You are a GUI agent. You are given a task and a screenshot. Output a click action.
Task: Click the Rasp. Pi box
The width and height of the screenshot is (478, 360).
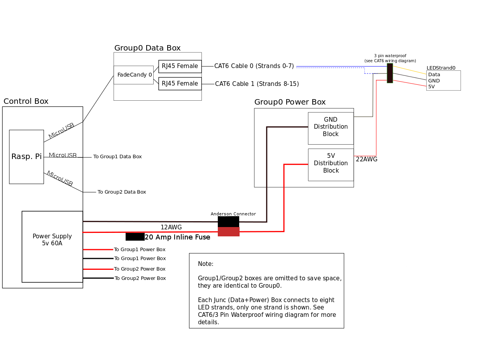(x=26, y=157)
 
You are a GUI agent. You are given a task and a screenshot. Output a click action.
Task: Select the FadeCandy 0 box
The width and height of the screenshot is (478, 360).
(x=133, y=75)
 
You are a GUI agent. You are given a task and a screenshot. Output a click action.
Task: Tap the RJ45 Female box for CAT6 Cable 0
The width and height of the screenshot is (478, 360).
(x=180, y=66)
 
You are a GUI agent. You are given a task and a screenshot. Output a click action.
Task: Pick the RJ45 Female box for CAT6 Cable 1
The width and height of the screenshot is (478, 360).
(x=180, y=84)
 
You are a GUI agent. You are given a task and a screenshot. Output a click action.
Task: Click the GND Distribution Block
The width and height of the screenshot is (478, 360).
(x=331, y=127)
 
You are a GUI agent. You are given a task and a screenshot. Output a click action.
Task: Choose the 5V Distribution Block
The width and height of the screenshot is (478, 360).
(x=331, y=164)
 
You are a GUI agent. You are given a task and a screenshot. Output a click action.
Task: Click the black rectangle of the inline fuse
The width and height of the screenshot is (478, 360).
(x=135, y=237)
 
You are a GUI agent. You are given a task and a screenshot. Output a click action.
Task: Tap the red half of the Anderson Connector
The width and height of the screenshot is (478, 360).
(x=228, y=232)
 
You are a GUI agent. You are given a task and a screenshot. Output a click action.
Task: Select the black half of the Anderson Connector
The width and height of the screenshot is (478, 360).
(x=228, y=222)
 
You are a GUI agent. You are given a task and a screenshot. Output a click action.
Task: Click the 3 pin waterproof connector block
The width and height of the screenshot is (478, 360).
(x=390, y=73)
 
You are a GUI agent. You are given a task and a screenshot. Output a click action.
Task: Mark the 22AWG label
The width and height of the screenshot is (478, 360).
(x=366, y=159)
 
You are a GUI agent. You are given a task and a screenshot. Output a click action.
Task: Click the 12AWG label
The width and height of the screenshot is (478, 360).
(x=171, y=227)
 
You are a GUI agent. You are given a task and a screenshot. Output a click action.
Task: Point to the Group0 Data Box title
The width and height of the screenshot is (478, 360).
(x=147, y=48)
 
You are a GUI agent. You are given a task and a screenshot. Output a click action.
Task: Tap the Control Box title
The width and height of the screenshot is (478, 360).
(x=26, y=101)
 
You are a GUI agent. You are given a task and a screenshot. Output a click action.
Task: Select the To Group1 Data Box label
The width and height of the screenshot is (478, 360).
(x=117, y=157)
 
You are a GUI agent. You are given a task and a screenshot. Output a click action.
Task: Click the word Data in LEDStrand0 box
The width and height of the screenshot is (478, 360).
(x=434, y=75)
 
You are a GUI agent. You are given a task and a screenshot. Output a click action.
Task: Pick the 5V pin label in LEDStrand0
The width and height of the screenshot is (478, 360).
(x=431, y=87)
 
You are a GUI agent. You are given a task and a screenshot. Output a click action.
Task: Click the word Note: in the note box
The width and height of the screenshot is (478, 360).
(x=206, y=264)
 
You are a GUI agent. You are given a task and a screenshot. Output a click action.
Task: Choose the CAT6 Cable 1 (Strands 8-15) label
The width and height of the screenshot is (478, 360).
(x=257, y=84)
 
